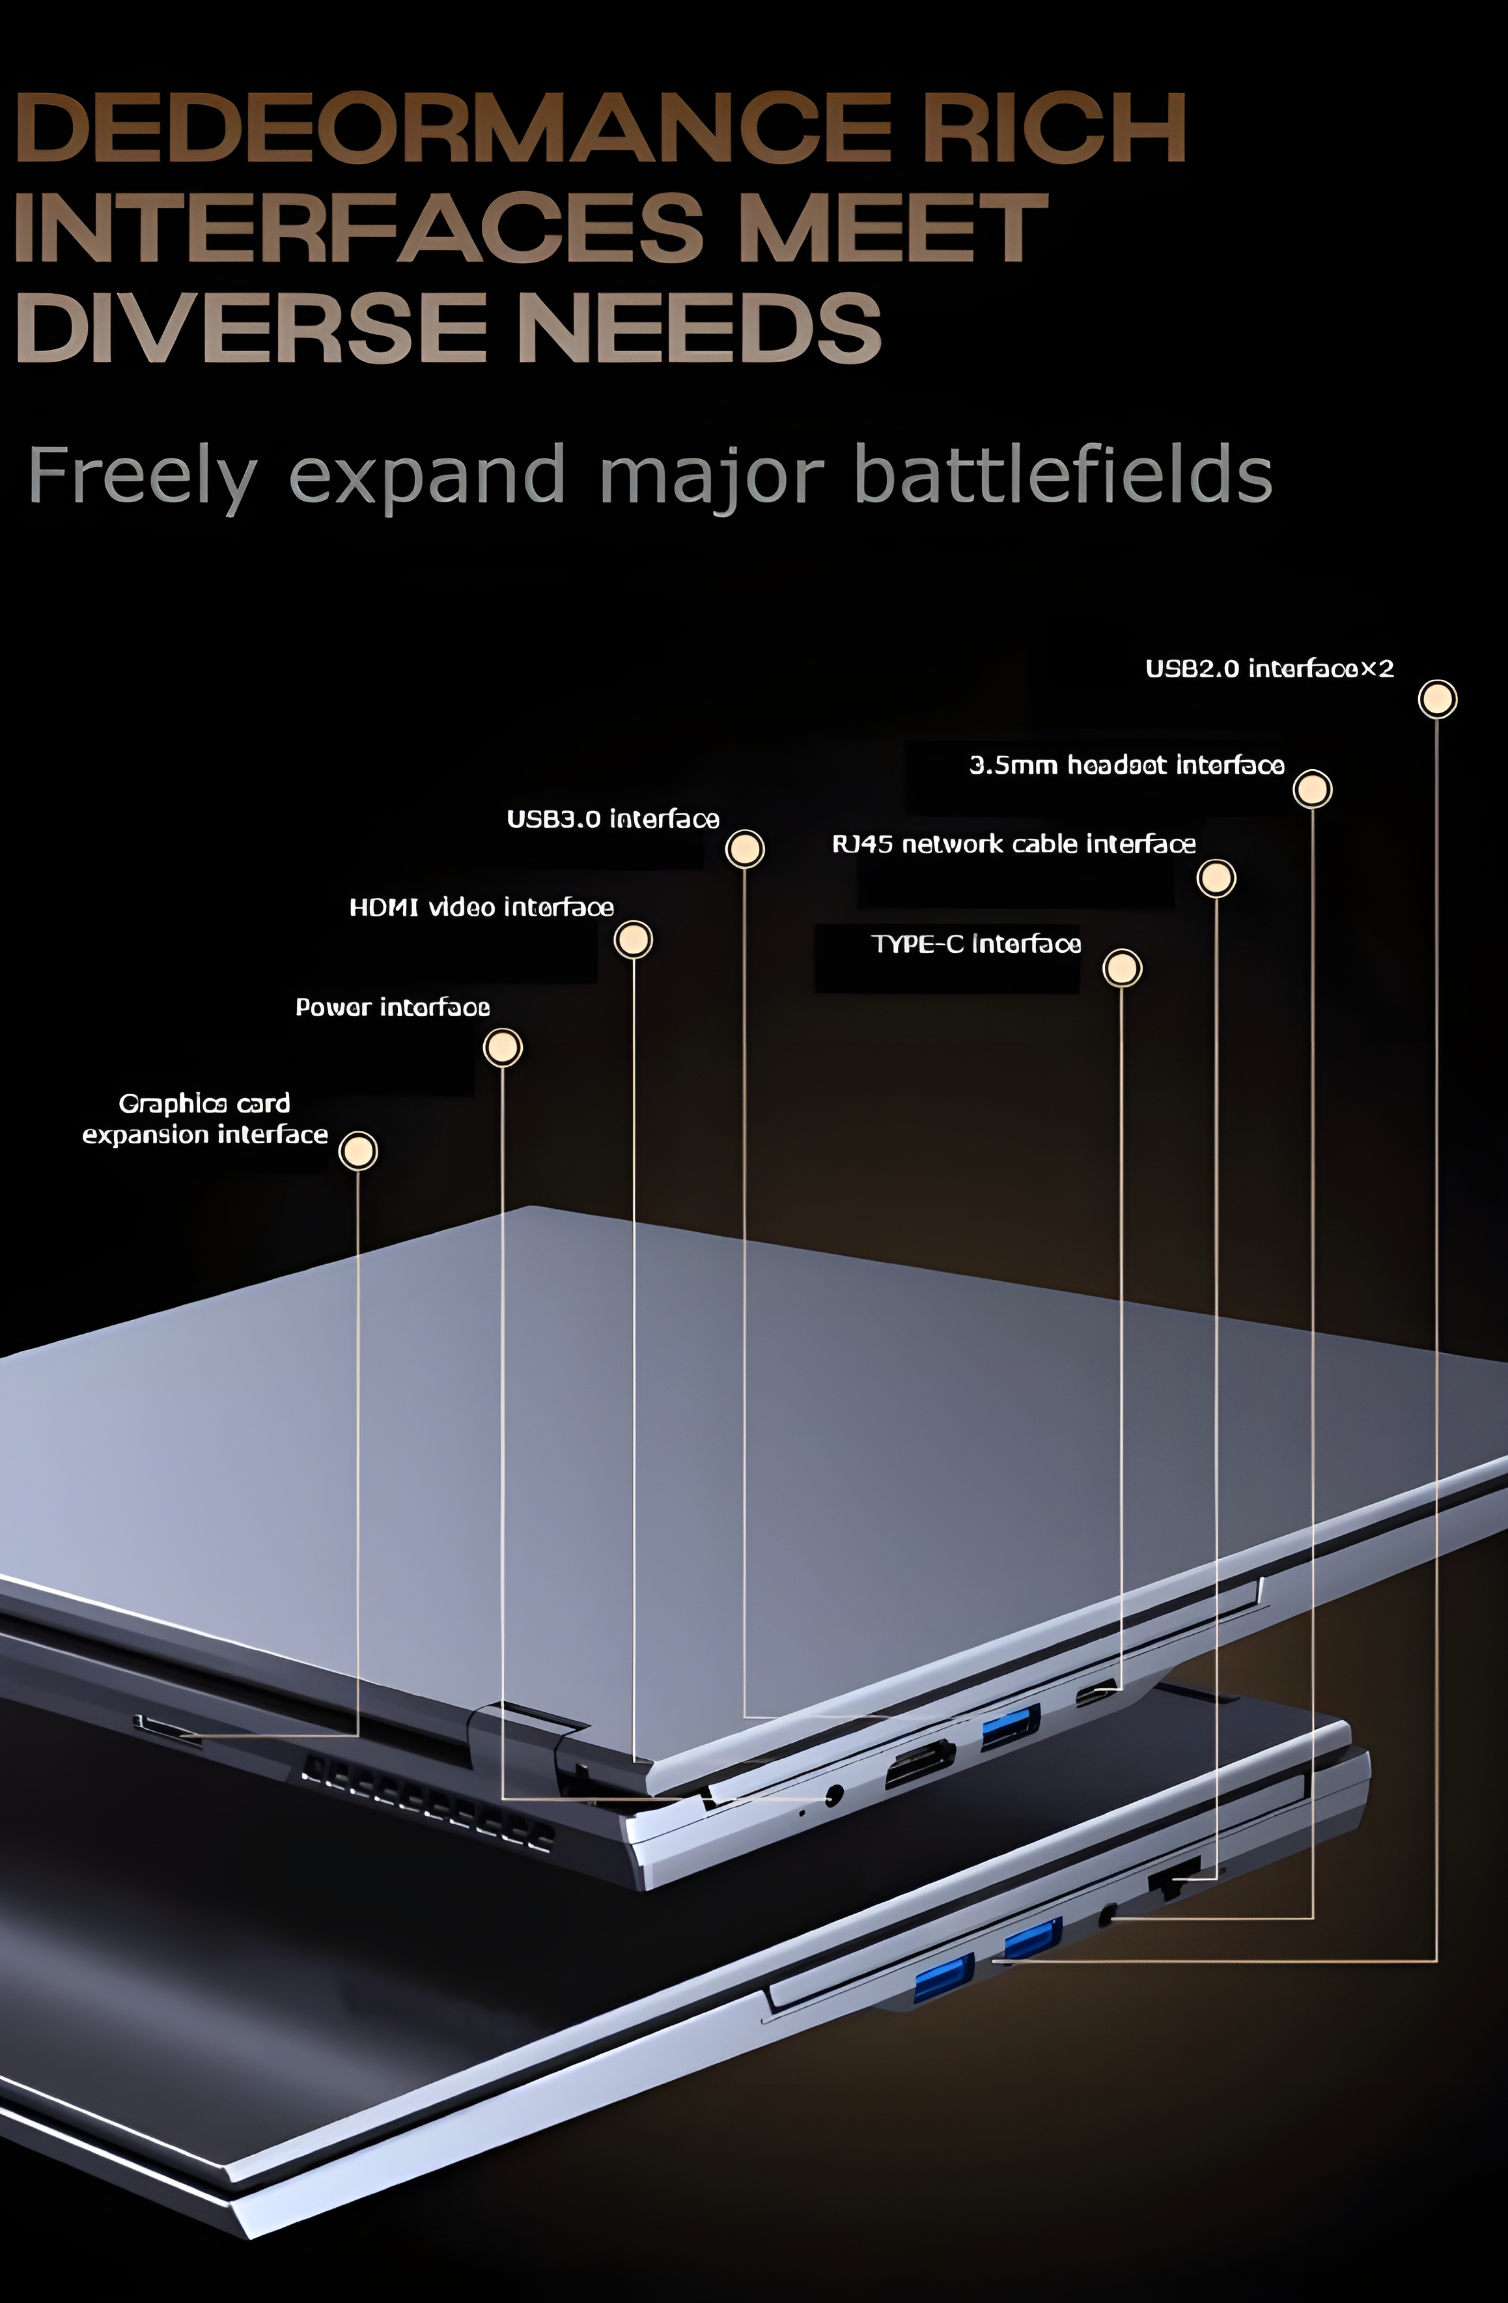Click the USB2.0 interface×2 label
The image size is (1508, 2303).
point(1269,669)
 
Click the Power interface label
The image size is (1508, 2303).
point(392,1008)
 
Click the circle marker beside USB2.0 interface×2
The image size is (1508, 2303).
point(1438,699)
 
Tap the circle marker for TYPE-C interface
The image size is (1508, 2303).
point(1122,968)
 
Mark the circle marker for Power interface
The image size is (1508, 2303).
point(503,1047)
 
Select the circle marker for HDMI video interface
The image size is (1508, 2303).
point(634,940)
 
